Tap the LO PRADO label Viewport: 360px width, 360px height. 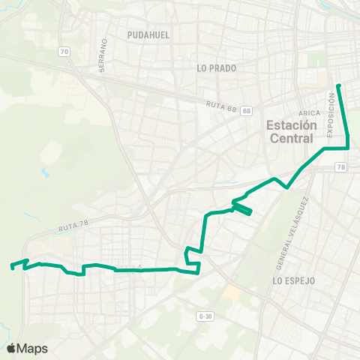[217, 68]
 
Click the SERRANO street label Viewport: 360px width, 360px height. [103, 57]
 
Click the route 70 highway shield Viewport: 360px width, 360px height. [64, 52]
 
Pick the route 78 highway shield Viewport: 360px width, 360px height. [341, 167]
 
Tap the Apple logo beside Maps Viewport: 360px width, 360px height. [11, 348]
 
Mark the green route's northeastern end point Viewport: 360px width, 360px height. [338, 85]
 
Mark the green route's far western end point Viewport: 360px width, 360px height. [11, 265]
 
